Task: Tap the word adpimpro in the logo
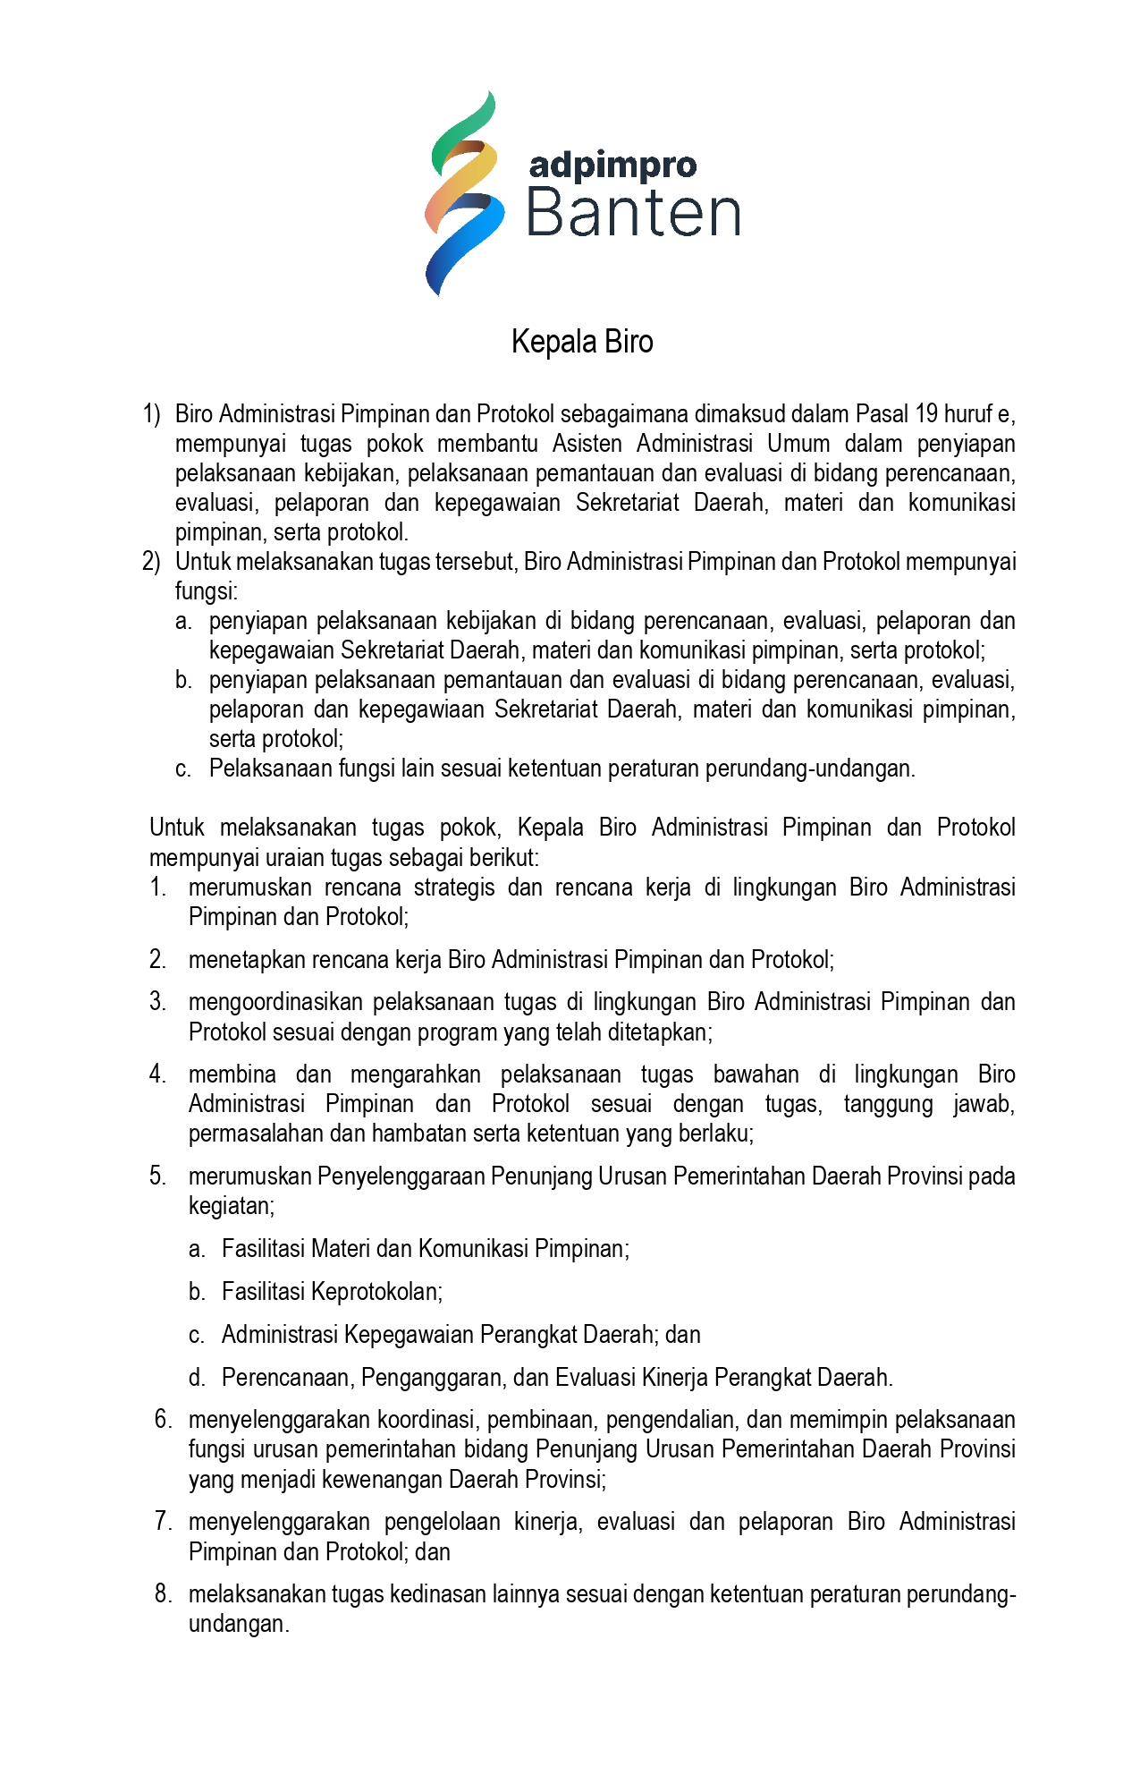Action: click(x=612, y=165)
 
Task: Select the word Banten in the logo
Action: click(x=633, y=214)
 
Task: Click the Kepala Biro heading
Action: click(x=582, y=342)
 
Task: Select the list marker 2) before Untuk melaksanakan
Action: click(x=151, y=562)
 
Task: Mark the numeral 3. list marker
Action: click(x=158, y=1002)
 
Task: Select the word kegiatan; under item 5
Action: click(x=232, y=1206)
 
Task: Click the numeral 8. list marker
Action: click(x=163, y=1594)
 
